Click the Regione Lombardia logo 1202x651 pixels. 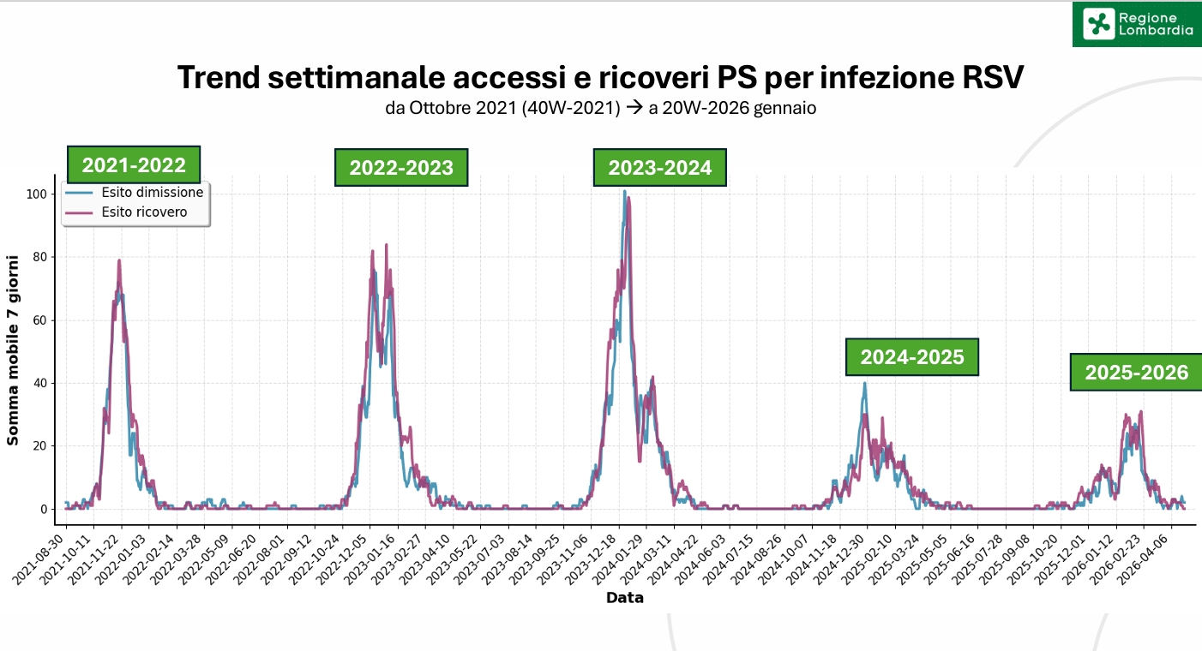[x=1137, y=24]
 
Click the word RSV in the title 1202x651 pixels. [x=993, y=77]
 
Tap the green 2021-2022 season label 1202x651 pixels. [x=134, y=164]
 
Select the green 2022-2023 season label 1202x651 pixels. [x=401, y=167]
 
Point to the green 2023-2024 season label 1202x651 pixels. [x=660, y=167]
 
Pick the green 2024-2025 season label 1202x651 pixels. [x=912, y=356]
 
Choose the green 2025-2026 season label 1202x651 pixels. [x=1137, y=372]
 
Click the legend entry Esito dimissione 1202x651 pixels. [x=153, y=192]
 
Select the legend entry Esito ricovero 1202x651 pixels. [x=144, y=212]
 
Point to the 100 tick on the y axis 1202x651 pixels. [x=37, y=194]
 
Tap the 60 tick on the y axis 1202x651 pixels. [x=39, y=320]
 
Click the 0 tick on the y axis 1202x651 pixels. [x=44, y=509]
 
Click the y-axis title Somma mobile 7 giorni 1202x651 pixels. [x=12, y=350]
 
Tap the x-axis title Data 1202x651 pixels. [x=625, y=597]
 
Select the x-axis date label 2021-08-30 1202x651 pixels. [x=39, y=558]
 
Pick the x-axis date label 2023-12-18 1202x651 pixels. [x=592, y=558]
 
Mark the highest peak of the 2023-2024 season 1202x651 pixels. [x=625, y=191]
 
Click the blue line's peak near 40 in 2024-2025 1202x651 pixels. [x=864, y=383]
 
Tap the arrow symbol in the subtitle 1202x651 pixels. [x=634, y=107]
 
